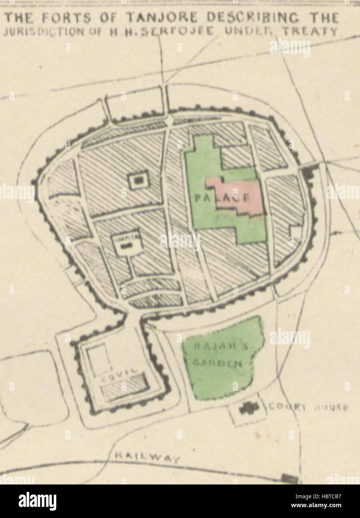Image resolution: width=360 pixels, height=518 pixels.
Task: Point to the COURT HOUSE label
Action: (x=306, y=408)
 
